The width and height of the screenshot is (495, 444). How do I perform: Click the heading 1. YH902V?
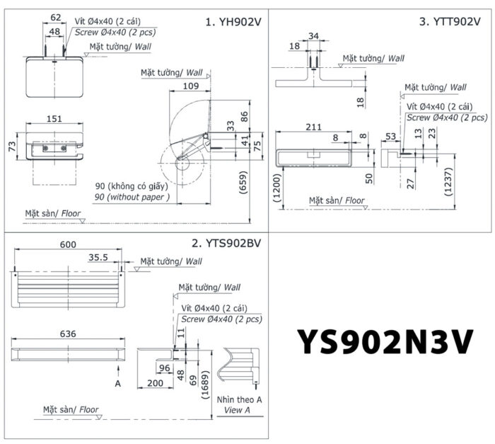[233, 22]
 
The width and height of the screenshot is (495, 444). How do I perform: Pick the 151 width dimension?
[54, 119]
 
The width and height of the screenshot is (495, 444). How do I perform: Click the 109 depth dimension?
[190, 86]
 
